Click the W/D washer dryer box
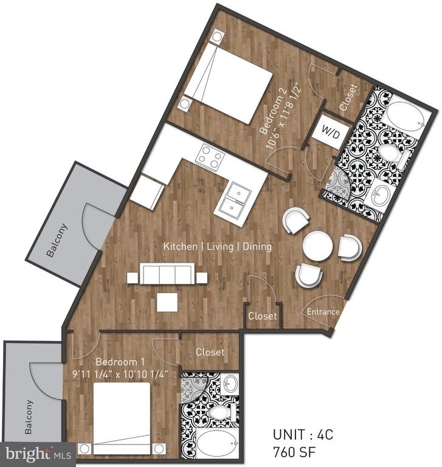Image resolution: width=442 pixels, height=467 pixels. pyautogui.click(x=331, y=132)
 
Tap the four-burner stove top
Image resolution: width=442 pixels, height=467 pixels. pyautogui.click(x=210, y=157)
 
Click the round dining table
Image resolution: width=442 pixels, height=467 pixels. pyautogui.click(x=317, y=247)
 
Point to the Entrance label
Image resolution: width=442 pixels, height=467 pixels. pyautogui.click(x=323, y=312)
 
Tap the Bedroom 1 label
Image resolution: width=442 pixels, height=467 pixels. pyautogui.click(x=120, y=362)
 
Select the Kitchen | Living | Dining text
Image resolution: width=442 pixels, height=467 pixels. pyautogui.click(x=218, y=247)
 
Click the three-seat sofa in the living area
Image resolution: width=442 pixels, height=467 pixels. pyautogui.click(x=167, y=274)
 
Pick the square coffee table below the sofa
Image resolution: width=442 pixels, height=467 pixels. pyautogui.click(x=167, y=302)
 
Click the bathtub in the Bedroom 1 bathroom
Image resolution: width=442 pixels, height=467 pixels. pyautogui.click(x=218, y=443)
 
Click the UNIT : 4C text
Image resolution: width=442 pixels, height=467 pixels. pyautogui.click(x=303, y=435)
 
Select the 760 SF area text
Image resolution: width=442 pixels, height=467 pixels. pyautogui.click(x=294, y=452)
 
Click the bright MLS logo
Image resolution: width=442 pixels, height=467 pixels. pyautogui.click(x=38, y=454)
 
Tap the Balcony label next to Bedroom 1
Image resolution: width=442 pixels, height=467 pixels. pyautogui.click(x=29, y=417)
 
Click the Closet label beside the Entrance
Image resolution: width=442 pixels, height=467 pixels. pyautogui.click(x=263, y=316)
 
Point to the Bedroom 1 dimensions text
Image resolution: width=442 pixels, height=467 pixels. pyautogui.click(x=120, y=374)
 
